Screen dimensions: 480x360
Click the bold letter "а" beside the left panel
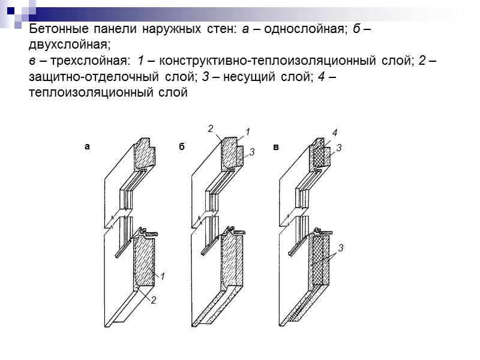(x=87, y=146)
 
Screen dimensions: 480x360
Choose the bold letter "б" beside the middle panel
(x=181, y=146)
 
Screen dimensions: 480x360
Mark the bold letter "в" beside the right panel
(x=276, y=146)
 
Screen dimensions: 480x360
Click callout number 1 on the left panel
(x=163, y=276)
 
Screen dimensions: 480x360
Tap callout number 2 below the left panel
(x=153, y=299)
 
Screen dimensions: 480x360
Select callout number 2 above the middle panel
(x=211, y=128)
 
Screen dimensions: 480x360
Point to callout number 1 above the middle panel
(x=248, y=131)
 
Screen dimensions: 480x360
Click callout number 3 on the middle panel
(x=253, y=154)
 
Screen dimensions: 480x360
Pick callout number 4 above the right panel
(x=335, y=131)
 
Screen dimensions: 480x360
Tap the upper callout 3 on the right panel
(x=339, y=147)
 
